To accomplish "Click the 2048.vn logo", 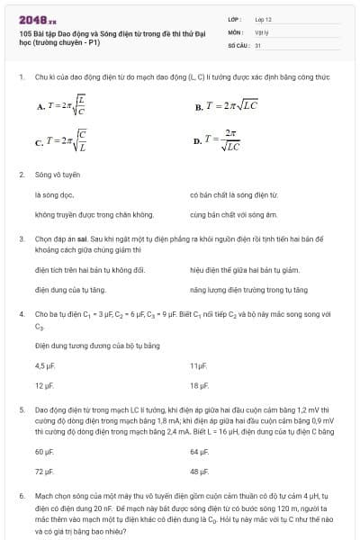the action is pyautogui.click(x=37, y=19).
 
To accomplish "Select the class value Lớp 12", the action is pyautogui.click(x=263, y=19).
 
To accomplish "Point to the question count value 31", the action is pyautogui.click(x=258, y=44).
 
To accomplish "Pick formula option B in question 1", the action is pyautogui.click(x=226, y=105).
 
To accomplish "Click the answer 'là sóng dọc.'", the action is pyautogui.click(x=55, y=194).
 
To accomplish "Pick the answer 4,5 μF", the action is pyautogui.click(x=45, y=365).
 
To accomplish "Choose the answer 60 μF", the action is pyautogui.click(x=44, y=451).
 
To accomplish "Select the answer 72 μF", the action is pyautogui.click(x=44, y=471).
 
